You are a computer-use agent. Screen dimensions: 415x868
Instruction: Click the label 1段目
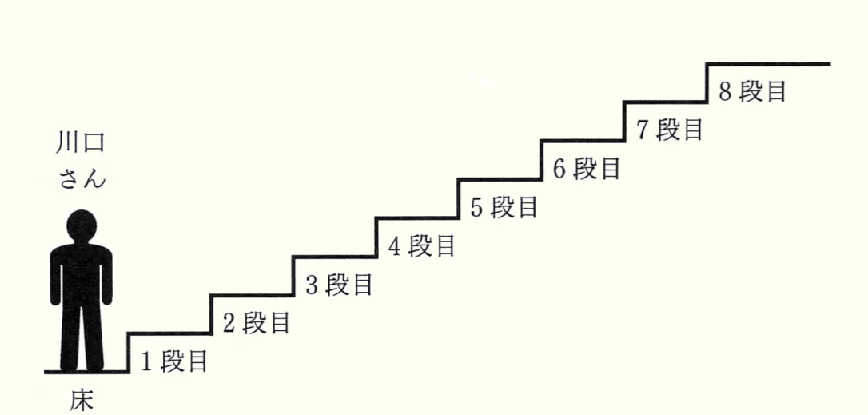coord(175,362)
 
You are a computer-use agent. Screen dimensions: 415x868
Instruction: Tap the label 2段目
coord(257,323)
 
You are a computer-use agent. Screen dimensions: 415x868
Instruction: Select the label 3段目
coord(340,285)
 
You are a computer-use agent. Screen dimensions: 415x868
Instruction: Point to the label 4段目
coord(422,246)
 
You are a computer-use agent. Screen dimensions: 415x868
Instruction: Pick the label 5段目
coord(504,207)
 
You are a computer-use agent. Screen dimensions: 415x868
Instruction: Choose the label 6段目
coord(587,168)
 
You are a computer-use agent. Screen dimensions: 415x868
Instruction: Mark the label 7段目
coord(670,130)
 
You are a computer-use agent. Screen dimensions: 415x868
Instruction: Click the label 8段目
coord(753,91)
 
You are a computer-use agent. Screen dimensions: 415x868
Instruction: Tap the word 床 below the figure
coord(81,400)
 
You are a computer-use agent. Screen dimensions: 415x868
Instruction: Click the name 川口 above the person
coord(81,145)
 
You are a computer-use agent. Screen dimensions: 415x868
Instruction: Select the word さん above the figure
coord(81,178)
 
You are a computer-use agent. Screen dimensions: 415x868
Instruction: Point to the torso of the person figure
coord(81,276)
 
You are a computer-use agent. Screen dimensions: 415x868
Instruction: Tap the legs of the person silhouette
coord(81,340)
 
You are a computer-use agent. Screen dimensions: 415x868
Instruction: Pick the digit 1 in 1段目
coord(147,362)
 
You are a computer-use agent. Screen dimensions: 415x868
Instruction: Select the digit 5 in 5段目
coord(477,207)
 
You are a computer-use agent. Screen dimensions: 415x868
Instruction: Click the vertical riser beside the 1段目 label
coord(128,352)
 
